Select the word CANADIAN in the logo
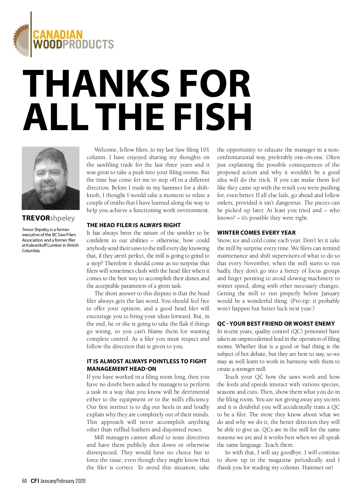tap(58, 35)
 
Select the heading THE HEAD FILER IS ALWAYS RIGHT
tap(134, 225)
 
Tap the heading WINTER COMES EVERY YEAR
tap(256, 233)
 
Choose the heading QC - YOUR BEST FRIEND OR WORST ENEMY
tap(276, 324)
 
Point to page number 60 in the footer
tap(24, 481)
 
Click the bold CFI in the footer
tap(35, 481)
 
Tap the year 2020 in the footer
tap(80, 481)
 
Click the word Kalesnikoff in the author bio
tap(36, 245)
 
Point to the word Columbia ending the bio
tap(31, 251)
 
